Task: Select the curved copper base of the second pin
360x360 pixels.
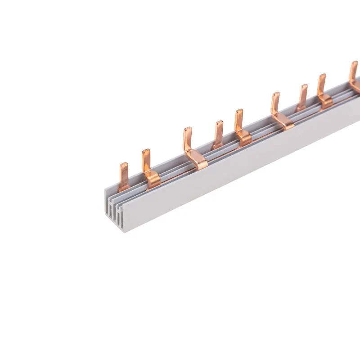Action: pyautogui.click(x=153, y=180)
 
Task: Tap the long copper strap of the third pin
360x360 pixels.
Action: pyautogui.click(x=197, y=162)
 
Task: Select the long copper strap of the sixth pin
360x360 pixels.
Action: pyautogui.click(x=283, y=122)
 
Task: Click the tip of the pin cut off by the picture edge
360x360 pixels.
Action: pyautogui.click(x=353, y=63)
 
